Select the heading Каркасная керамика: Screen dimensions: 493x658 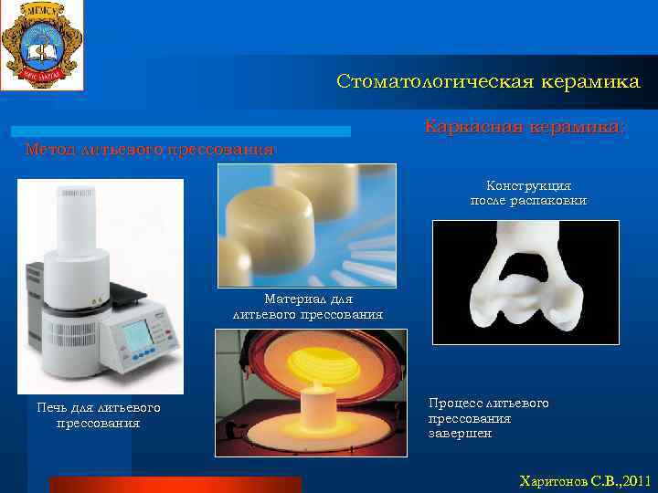(x=525, y=128)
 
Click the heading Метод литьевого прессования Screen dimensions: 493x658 (x=149, y=149)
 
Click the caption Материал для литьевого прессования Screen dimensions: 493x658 (x=308, y=307)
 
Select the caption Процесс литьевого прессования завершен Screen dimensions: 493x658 (x=488, y=418)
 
